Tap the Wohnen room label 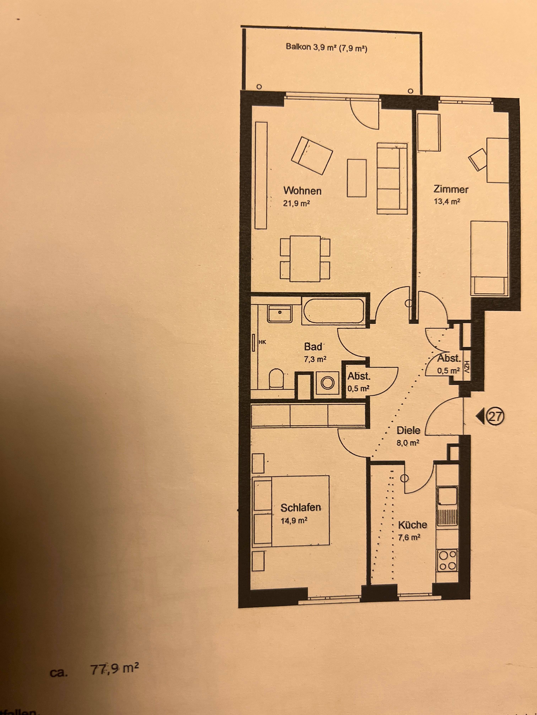click(302, 191)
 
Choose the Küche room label click(412, 524)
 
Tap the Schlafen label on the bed click(300, 508)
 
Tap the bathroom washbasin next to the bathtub click(280, 313)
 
